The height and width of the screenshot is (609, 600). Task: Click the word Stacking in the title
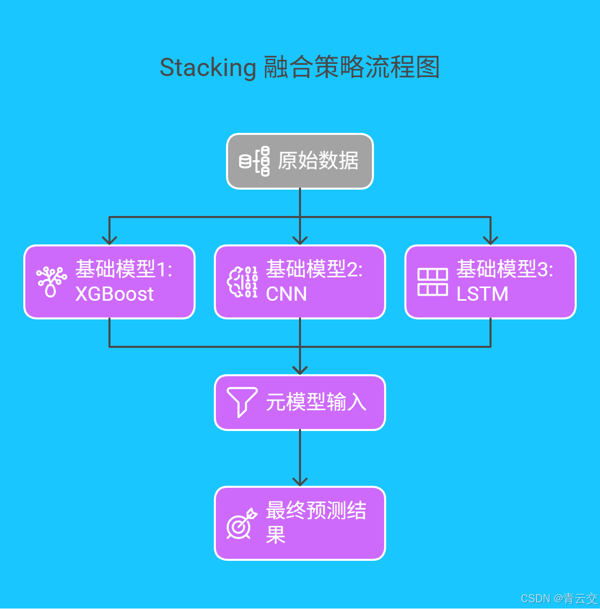point(208,67)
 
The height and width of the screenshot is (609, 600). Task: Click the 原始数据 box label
point(318,161)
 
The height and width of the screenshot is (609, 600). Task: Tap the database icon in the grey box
point(254,161)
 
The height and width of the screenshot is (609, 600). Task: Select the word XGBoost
point(115,294)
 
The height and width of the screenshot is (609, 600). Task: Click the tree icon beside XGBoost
point(51,282)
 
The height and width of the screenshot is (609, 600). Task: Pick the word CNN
point(286,294)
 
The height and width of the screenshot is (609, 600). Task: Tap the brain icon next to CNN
point(242,282)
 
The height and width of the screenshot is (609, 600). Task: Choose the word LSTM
point(482,294)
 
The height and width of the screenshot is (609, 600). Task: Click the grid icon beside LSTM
point(432,282)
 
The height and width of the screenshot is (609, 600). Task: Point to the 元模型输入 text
point(316,402)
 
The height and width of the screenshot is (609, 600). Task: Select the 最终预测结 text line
point(316,511)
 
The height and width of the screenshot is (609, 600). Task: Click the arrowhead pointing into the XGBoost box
point(109,240)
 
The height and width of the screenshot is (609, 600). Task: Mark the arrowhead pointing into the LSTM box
point(491,240)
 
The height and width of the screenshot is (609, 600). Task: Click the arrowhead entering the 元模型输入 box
point(300,370)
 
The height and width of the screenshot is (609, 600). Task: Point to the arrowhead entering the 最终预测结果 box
point(300,481)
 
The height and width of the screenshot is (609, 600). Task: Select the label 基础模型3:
point(504,269)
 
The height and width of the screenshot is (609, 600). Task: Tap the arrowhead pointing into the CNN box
point(300,240)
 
